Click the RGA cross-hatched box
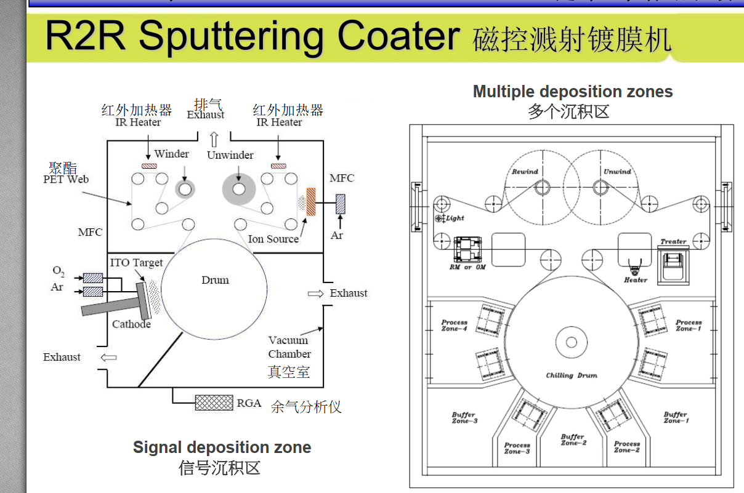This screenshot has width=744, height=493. pyautogui.click(x=214, y=403)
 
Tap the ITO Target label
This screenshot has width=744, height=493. pyautogui.click(x=136, y=263)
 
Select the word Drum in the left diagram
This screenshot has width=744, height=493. pyautogui.click(x=215, y=280)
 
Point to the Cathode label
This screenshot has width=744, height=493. pyautogui.click(x=131, y=324)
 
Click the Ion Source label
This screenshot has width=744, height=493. pyautogui.click(x=273, y=239)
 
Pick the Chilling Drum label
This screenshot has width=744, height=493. pyautogui.click(x=572, y=375)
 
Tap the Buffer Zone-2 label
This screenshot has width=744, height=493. pyautogui.click(x=573, y=439)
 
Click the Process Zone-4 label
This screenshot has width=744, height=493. pyautogui.click(x=455, y=325)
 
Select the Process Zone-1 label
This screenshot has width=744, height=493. pyautogui.click(x=688, y=325)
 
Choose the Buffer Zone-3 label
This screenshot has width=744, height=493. pyautogui.click(x=464, y=417)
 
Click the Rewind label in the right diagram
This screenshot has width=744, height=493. pyautogui.click(x=525, y=172)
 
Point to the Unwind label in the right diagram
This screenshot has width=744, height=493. pyautogui.click(x=617, y=172)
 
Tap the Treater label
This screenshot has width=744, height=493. pyautogui.click(x=673, y=241)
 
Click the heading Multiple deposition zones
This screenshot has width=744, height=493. pyautogui.click(x=573, y=92)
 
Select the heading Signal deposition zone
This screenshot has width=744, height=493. pyautogui.click(x=222, y=447)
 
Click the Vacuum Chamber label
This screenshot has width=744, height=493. pyautogui.click(x=289, y=347)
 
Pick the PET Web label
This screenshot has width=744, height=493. pyautogui.click(x=66, y=179)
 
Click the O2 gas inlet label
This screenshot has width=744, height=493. pyautogui.click(x=58, y=271)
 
